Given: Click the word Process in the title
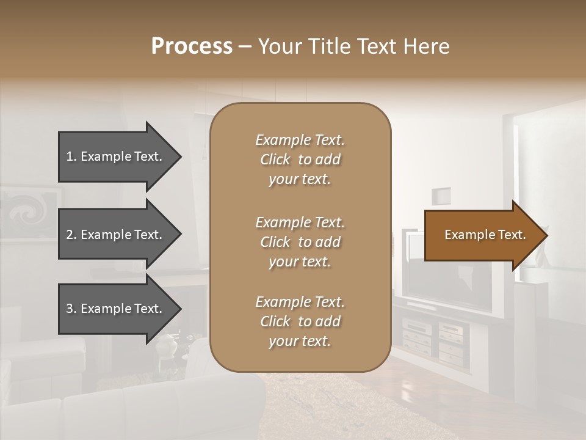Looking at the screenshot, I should (192, 46).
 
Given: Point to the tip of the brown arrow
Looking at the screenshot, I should (546, 235).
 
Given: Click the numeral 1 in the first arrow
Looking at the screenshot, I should (70, 156).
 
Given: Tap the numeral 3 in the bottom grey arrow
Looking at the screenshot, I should (70, 309).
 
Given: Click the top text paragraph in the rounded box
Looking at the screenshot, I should (300, 159).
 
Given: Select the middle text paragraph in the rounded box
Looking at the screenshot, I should (300, 242).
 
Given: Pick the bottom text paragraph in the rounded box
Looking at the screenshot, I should (300, 321).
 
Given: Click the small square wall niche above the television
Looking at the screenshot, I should (441, 196).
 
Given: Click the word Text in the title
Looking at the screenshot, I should (380, 46).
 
